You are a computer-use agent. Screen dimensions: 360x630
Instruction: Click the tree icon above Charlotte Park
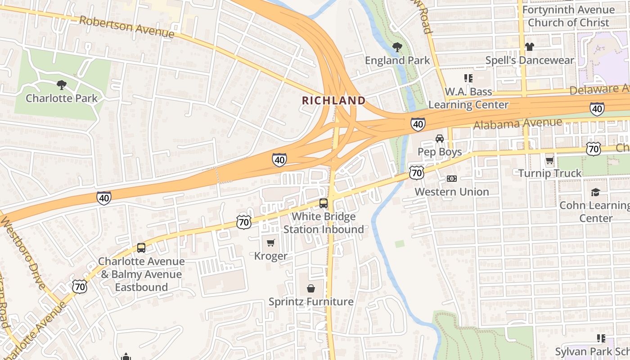[62, 85]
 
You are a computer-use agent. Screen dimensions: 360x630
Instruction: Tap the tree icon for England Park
[397, 47]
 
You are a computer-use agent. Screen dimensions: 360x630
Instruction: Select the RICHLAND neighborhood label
[333, 100]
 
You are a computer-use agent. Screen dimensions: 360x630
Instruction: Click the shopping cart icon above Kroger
[270, 243]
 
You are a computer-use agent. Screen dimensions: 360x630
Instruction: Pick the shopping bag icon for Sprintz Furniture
[311, 288]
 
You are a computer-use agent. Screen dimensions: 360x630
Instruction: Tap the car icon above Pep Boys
[439, 139]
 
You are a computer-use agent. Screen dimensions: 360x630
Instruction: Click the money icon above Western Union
[451, 179]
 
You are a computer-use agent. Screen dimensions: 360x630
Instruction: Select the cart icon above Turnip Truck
[549, 160]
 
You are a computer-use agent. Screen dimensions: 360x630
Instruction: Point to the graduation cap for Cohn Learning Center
[596, 192]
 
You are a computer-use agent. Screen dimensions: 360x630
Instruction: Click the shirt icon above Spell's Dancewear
[529, 47]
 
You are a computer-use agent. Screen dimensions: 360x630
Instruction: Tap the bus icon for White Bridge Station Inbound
[323, 203]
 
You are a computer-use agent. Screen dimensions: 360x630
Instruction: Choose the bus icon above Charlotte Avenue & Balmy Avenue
[141, 248]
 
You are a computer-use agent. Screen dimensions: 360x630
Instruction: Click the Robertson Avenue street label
[126, 27]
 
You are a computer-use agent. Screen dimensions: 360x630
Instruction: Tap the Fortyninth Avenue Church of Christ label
[568, 16]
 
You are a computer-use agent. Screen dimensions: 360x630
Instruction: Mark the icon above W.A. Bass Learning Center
[468, 78]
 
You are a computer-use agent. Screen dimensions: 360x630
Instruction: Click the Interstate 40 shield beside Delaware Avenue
[597, 108]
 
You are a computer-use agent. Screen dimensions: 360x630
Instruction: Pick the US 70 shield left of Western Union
[417, 172]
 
